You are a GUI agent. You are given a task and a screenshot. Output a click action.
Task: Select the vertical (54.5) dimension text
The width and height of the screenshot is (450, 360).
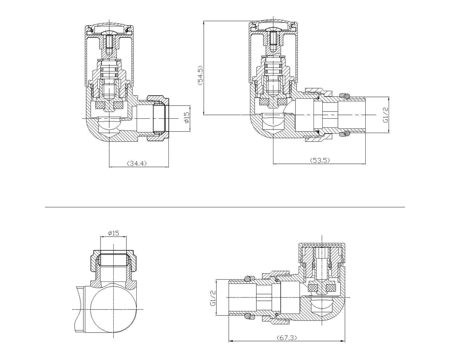pyautogui.click(x=200, y=75)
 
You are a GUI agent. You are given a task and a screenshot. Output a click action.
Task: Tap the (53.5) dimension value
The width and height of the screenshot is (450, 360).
pyautogui.click(x=320, y=160)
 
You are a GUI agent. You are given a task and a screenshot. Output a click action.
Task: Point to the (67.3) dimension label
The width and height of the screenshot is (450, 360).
pyautogui.click(x=286, y=337)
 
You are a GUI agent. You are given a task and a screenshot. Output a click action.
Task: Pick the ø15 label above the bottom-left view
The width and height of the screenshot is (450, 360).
pyautogui.click(x=113, y=233)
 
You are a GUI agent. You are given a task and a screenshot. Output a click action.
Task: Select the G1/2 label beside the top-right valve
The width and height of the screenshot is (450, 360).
pyautogui.click(x=385, y=115)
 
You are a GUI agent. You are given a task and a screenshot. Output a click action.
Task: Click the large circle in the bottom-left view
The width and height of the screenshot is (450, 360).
pyautogui.click(x=114, y=309)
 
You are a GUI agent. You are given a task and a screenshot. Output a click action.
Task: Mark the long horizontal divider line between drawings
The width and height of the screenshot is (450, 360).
pyautogui.click(x=225, y=207)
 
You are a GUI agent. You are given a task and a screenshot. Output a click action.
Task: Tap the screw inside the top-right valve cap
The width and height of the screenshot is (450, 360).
pyautogui.click(x=273, y=41)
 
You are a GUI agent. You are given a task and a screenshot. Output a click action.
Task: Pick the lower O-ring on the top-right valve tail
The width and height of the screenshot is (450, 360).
pyautogui.click(x=344, y=134)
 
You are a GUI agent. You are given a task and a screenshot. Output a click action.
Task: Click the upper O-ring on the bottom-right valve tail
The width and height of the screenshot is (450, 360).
pyautogui.click(x=248, y=278)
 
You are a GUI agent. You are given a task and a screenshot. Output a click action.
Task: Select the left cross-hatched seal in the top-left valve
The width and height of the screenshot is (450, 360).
pyautogui.click(x=100, y=106)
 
